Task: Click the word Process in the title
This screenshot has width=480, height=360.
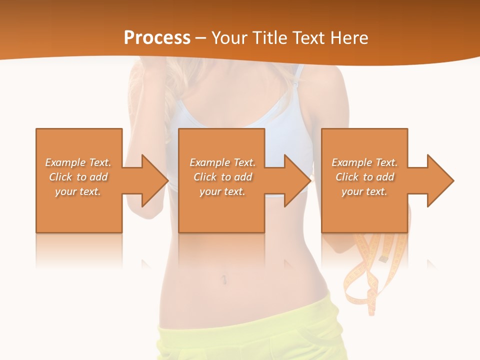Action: click(157, 37)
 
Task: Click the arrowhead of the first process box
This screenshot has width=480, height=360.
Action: click(154, 180)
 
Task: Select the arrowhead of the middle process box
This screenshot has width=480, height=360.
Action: click(297, 180)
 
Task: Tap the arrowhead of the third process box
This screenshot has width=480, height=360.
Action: click(439, 180)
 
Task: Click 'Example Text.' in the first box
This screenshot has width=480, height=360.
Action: click(78, 162)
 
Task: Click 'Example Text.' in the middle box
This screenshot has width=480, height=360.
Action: click(222, 162)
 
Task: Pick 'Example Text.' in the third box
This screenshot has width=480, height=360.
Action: click(364, 162)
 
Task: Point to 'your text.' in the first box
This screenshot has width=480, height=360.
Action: click(78, 191)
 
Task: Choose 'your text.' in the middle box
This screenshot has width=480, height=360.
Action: click(222, 191)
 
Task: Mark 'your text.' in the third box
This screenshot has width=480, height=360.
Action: click(364, 191)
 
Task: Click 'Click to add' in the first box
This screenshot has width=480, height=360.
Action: click(78, 177)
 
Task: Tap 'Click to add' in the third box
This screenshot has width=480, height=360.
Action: click(364, 177)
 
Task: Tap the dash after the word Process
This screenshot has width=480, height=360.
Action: click(201, 38)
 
